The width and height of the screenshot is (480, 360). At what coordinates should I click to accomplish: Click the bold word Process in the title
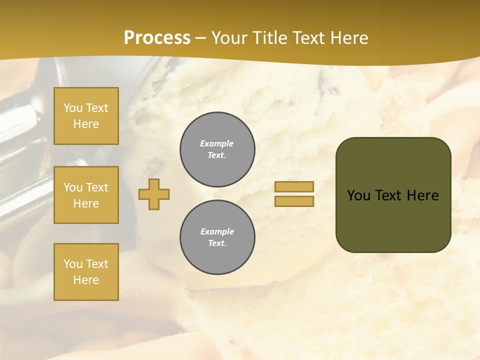pyautogui.click(x=157, y=38)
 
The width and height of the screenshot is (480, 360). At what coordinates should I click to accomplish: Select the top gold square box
pyautogui.click(x=86, y=116)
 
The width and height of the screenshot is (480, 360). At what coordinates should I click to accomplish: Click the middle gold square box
pyautogui.click(x=86, y=195)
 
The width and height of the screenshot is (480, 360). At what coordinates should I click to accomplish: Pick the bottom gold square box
pyautogui.click(x=86, y=272)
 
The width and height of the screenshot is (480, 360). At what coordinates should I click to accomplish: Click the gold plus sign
pyautogui.click(x=154, y=194)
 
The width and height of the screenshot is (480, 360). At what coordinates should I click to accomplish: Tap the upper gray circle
pyautogui.click(x=217, y=149)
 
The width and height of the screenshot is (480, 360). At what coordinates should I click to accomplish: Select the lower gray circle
pyautogui.click(x=217, y=237)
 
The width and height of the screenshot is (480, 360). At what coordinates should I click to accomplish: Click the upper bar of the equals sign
pyautogui.click(x=294, y=186)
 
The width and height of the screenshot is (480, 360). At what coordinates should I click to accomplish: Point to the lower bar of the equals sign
pyautogui.click(x=294, y=201)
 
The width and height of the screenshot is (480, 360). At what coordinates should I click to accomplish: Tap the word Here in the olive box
pyautogui.click(x=422, y=195)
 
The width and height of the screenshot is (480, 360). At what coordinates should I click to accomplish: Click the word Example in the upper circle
pyautogui.click(x=216, y=143)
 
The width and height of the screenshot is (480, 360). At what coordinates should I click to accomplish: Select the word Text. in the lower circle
pyautogui.click(x=217, y=243)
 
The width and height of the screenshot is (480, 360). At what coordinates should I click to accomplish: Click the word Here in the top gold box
pyautogui.click(x=86, y=124)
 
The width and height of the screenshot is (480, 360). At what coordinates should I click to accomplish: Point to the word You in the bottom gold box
pyautogui.click(x=73, y=264)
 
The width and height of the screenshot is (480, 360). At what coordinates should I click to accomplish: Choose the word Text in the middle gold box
pyautogui.click(x=97, y=187)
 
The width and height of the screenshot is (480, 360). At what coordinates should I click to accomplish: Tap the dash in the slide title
pyautogui.click(x=200, y=38)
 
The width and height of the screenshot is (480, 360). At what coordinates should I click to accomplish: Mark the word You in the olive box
pyautogui.click(x=358, y=195)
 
